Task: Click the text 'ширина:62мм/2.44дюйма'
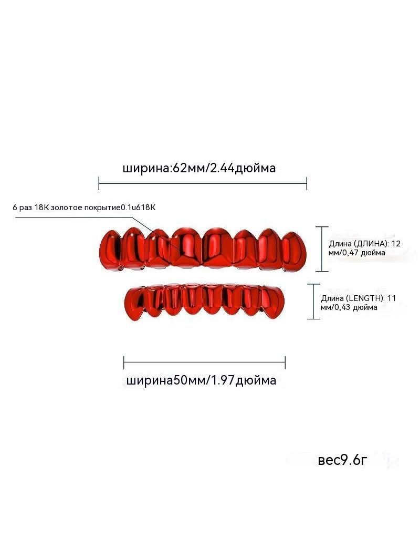(199, 168)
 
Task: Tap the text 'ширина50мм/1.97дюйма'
(201, 380)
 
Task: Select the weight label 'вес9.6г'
(342, 460)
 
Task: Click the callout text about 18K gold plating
(84, 208)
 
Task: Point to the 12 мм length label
(364, 248)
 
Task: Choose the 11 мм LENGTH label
(358, 303)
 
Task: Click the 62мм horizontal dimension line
(203, 183)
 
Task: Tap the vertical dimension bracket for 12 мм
(322, 249)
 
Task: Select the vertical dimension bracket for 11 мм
(313, 302)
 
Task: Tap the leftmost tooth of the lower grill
(135, 304)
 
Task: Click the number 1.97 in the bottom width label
(223, 380)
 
